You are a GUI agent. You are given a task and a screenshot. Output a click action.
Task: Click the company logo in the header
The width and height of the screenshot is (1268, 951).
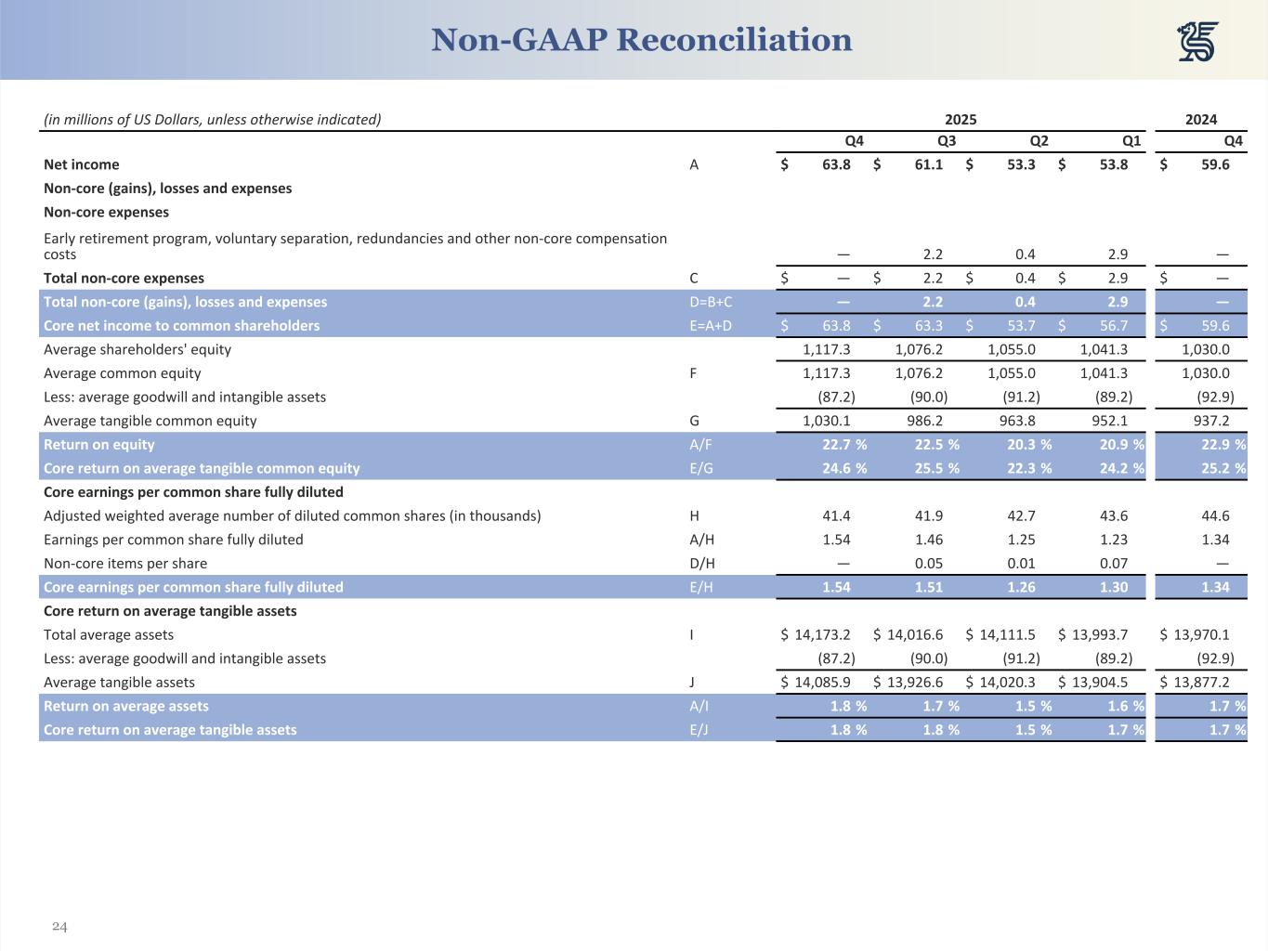(1198, 42)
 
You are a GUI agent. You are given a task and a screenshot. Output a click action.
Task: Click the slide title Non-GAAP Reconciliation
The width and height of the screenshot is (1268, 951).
(641, 40)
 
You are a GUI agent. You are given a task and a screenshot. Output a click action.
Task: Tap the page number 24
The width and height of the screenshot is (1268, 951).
(59, 926)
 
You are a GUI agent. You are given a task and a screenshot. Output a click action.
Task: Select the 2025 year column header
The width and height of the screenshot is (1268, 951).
(961, 119)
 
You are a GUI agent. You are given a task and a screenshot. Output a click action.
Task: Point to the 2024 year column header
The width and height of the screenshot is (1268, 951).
(1201, 119)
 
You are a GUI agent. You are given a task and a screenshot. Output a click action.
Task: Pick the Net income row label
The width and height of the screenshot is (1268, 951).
(82, 164)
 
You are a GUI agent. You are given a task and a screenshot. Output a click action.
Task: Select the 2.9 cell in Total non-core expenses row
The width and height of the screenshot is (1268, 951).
(1118, 278)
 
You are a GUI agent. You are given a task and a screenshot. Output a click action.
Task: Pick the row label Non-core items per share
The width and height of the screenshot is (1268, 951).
(125, 564)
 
